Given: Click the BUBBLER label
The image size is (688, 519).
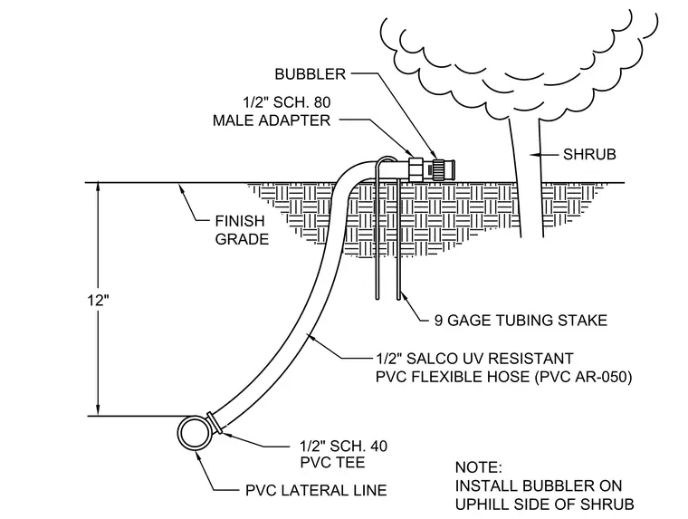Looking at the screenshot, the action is pyautogui.click(x=311, y=74).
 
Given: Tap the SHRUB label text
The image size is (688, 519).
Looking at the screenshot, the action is pyautogui.click(x=589, y=155).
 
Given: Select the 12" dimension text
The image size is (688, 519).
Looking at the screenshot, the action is pyautogui.click(x=99, y=301).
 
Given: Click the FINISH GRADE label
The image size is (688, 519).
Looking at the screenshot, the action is pyautogui.click(x=242, y=230).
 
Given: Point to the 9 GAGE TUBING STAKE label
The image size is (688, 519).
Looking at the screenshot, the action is pyautogui.click(x=521, y=321).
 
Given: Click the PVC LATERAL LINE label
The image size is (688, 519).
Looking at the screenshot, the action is pyautogui.click(x=316, y=490).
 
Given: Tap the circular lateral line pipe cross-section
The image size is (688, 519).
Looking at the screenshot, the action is pyautogui.click(x=194, y=433).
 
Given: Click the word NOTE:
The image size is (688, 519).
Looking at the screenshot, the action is pyautogui.click(x=478, y=467).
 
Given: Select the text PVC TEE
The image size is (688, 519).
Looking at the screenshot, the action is pyautogui.click(x=332, y=462).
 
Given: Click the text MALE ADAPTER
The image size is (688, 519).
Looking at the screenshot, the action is pyautogui.click(x=272, y=120).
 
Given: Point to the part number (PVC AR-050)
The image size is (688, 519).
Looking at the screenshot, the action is pyautogui.click(x=584, y=377).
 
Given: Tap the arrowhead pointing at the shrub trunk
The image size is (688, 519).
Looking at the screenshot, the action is pyautogui.click(x=535, y=155).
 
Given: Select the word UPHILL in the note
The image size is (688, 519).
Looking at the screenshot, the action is pyautogui.click(x=481, y=505).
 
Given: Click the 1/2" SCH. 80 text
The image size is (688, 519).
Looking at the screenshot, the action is pyautogui.click(x=287, y=102).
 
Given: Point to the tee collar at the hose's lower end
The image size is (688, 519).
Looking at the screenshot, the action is pyautogui.click(x=214, y=422).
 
